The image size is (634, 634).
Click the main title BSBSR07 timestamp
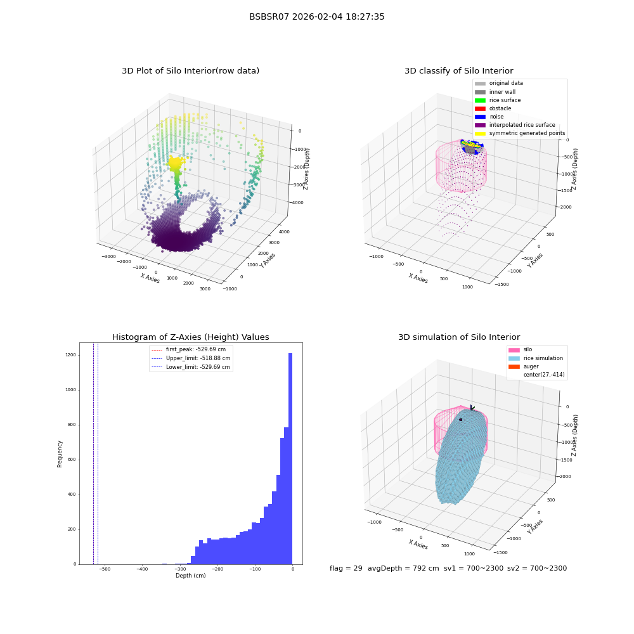pos(316,16)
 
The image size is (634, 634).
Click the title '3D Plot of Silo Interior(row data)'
pos(190,71)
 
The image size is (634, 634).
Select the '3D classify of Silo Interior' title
pos(459,71)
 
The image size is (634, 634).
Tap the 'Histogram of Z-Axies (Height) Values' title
pos(190,337)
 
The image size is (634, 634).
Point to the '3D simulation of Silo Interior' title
pos(459,337)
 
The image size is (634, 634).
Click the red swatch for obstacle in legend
pos(480,108)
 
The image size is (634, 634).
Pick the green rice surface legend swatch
pos(480,100)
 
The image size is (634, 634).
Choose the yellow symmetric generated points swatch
pos(480,133)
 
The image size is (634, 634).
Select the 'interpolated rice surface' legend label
pos(522,125)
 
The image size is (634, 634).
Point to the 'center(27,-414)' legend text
pos(544,375)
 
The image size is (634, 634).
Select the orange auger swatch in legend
pos(514,366)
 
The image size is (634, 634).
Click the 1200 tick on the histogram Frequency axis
pos(71,355)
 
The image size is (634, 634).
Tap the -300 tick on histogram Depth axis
pos(180,569)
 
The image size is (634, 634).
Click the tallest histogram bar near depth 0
pos(290,458)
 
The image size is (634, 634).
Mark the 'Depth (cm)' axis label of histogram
pos(190,576)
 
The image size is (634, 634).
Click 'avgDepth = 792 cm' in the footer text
pos(403,568)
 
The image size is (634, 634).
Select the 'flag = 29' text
pos(346,568)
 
